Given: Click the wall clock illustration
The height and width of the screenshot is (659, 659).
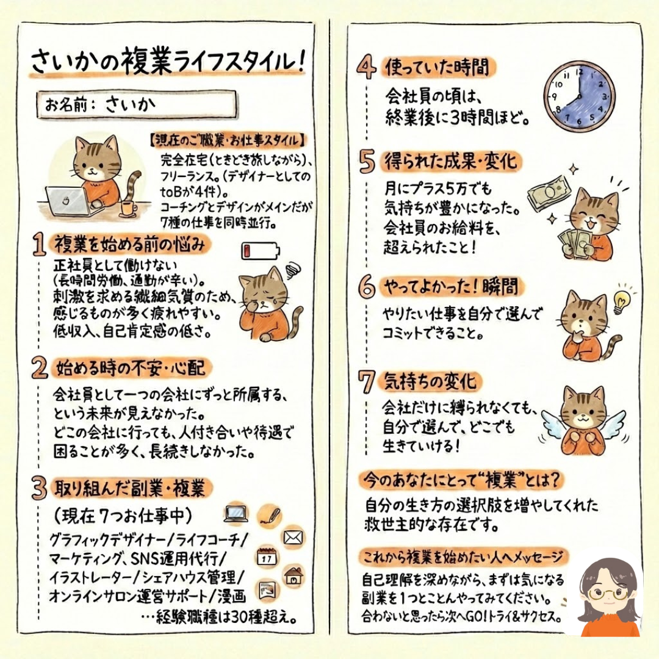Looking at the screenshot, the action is [578, 96].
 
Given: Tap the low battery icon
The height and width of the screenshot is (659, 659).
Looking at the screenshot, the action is [261, 251].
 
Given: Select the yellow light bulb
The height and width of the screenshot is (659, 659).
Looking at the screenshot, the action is [621, 301].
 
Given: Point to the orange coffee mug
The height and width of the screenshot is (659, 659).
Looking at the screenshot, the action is [128, 209].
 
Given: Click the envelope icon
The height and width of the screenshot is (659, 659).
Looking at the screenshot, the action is [293, 537].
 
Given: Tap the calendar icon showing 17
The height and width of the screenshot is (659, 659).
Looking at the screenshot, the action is [267, 557].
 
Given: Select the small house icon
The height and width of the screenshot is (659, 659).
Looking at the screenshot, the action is [293, 576].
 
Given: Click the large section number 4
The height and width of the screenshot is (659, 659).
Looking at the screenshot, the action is [367, 68].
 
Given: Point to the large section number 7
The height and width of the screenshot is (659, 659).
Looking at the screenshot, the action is [366, 382].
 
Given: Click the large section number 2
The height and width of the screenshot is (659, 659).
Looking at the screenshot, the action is [40, 369].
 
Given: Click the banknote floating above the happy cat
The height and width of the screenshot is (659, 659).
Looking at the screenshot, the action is [549, 194].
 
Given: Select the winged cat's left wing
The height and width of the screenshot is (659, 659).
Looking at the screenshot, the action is [553, 423].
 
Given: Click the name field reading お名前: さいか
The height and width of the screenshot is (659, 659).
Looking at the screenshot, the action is [136, 104].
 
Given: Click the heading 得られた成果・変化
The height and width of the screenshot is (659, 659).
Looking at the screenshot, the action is [450, 161].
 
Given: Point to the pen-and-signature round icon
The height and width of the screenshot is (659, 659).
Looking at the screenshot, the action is [269, 516].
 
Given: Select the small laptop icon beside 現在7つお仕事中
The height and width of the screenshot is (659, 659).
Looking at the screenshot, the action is [236, 514].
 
